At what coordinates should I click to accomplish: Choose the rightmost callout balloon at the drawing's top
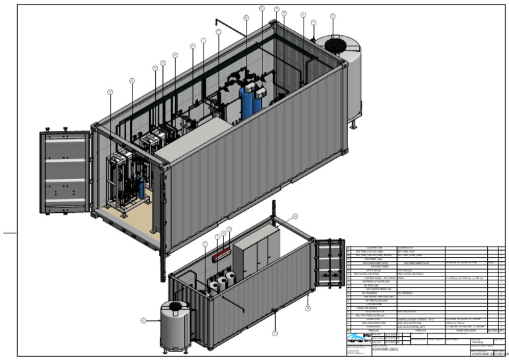[x=333, y=16]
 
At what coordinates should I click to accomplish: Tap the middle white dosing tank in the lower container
[x=223, y=281]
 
